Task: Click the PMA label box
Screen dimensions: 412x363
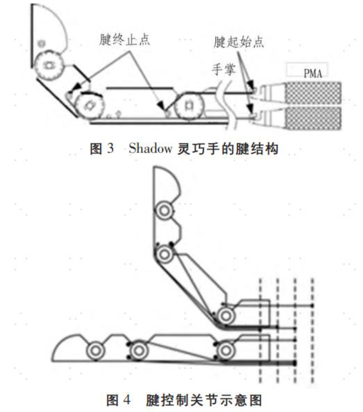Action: [x=307, y=70]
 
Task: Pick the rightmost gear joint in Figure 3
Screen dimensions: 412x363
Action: [x=188, y=105]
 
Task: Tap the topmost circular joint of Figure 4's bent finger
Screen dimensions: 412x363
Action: [x=164, y=211]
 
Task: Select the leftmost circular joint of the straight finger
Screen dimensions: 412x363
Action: [x=94, y=350]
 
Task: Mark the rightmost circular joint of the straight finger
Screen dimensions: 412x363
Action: [x=226, y=350]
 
